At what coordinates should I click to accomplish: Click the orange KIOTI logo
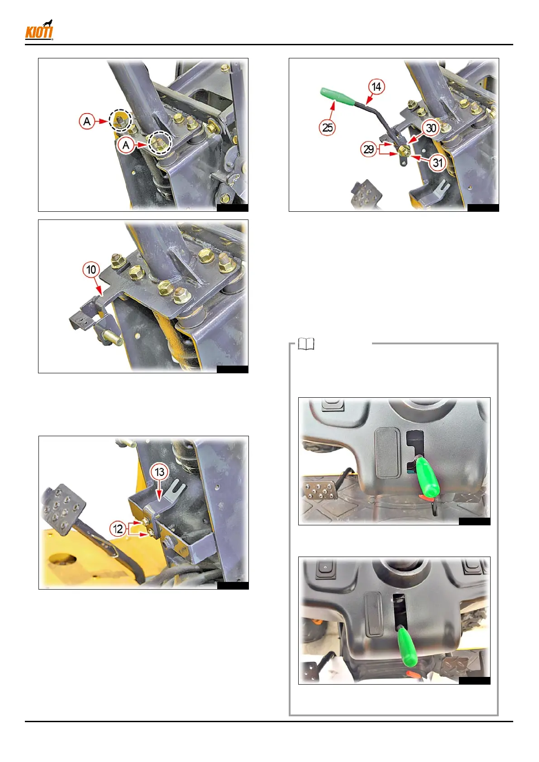pyautogui.click(x=39, y=30)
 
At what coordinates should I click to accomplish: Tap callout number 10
pyautogui.click(x=91, y=269)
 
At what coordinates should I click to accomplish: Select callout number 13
pyautogui.click(x=160, y=472)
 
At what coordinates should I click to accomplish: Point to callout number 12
pyautogui.click(x=118, y=529)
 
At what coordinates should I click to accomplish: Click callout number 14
pyautogui.click(x=377, y=87)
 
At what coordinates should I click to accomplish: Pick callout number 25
pyautogui.click(x=327, y=128)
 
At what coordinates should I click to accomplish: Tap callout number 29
pyautogui.click(x=369, y=149)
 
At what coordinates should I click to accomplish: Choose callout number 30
pyautogui.click(x=431, y=128)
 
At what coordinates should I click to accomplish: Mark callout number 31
pyautogui.click(x=438, y=162)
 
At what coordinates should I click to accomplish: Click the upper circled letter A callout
pyautogui.click(x=87, y=121)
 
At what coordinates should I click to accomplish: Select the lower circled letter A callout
pyautogui.click(x=125, y=145)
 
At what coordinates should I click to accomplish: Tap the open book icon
pyautogui.click(x=306, y=344)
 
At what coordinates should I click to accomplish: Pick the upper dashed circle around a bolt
pyautogui.click(x=120, y=120)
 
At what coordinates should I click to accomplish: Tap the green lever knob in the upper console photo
pyautogui.click(x=428, y=476)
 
